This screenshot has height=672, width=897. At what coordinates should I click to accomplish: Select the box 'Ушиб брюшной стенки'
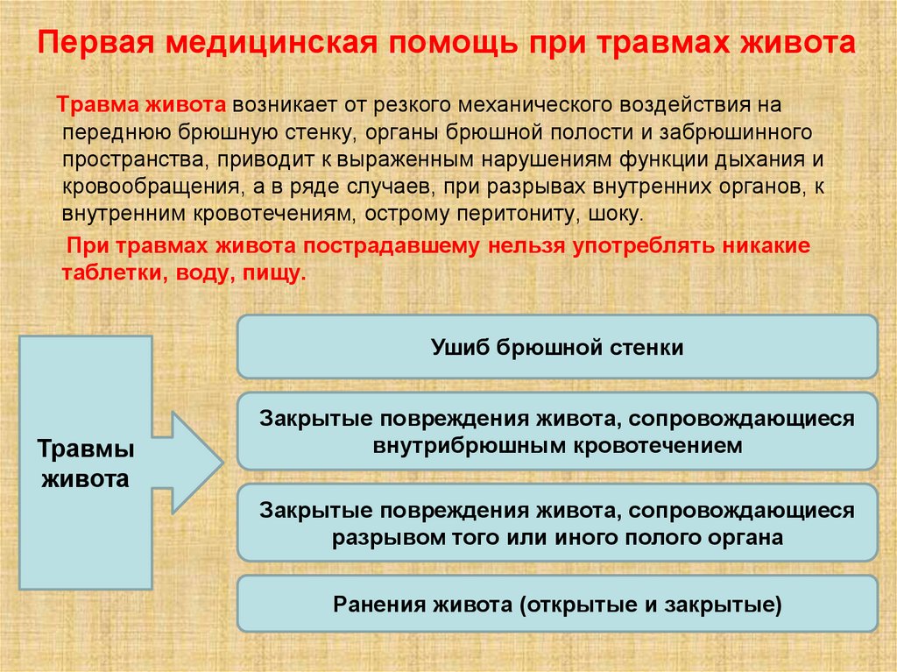click(556, 348)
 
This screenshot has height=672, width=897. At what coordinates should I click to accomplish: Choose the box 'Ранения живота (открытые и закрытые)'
click(556, 605)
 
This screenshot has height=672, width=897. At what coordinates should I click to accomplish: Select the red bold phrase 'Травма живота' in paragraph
click(143, 106)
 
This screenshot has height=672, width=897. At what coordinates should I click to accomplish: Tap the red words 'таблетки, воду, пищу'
click(184, 273)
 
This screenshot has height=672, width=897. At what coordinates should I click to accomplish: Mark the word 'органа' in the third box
click(750, 536)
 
